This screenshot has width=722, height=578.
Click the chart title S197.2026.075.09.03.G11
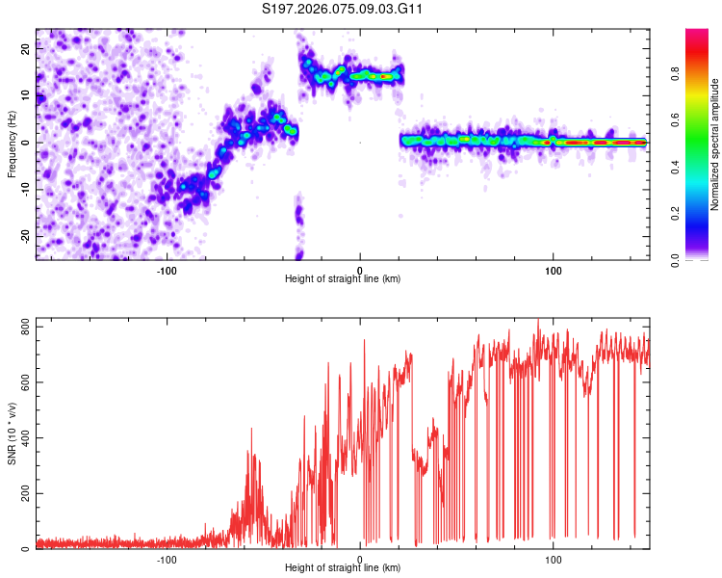(x=344, y=10)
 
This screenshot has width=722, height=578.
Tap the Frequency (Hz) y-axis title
(x=12, y=144)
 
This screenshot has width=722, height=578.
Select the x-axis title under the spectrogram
(x=343, y=278)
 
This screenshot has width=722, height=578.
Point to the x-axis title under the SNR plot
(x=343, y=567)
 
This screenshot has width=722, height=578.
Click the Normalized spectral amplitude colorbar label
(x=715, y=144)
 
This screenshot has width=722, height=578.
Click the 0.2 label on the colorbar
(x=702, y=213)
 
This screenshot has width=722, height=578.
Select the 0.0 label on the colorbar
(x=702, y=259)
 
